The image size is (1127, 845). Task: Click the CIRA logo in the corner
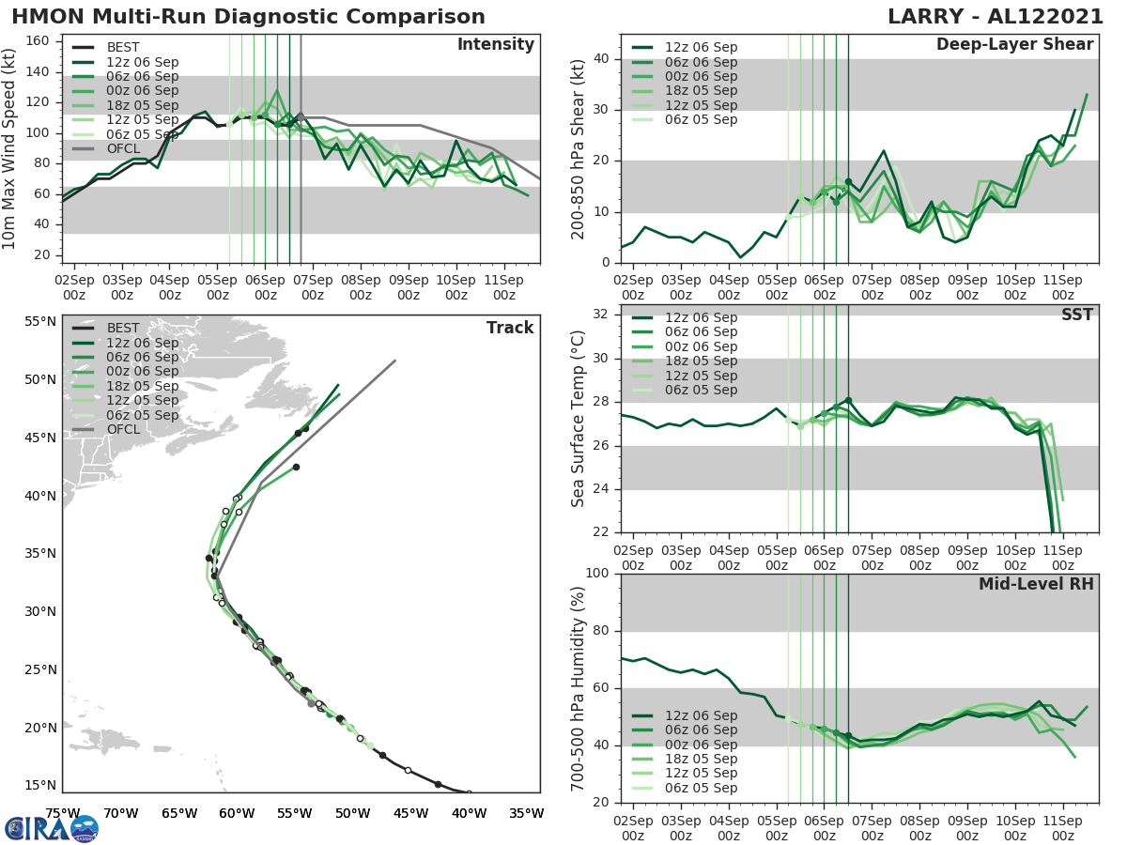point(51,827)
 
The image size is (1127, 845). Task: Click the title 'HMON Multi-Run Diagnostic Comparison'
point(248,17)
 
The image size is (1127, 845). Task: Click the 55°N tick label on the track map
point(39,322)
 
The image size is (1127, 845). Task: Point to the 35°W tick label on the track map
point(526,813)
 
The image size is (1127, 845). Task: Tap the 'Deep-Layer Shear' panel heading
point(1014,45)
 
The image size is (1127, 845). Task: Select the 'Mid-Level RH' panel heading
point(1036,584)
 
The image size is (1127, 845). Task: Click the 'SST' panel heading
point(1076,315)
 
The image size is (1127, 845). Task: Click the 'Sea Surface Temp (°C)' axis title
point(579,418)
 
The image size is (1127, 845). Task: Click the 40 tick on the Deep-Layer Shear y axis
point(601,59)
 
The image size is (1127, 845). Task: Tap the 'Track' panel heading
point(509,328)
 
